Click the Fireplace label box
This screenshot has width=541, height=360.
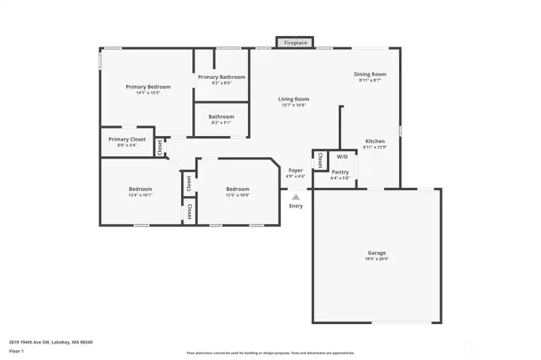(295, 43)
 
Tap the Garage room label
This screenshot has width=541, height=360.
(376, 253)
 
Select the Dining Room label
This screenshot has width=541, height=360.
(370, 74)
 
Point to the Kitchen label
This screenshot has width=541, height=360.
(375, 141)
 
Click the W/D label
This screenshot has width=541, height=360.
(342, 156)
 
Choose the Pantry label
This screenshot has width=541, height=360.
(340, 172)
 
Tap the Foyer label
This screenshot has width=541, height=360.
(296, 170)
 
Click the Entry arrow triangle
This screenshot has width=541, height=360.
(295, 196)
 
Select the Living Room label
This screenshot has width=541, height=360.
(293, 99)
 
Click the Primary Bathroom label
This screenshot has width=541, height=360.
(221, 77)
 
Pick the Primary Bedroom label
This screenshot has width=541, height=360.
(148, 86)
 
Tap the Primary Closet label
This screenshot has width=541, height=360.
(127, 139)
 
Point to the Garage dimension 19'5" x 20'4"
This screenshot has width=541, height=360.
(376, 259)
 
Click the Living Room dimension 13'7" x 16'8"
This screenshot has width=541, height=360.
(293, 105)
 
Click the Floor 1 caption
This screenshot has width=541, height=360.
(17, 351)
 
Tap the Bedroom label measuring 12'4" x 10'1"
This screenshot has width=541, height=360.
(140, 189)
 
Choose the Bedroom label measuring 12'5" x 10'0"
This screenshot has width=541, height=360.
(237, 189)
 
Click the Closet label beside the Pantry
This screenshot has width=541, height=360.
(319, 160)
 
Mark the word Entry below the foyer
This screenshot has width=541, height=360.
(296, 206)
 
